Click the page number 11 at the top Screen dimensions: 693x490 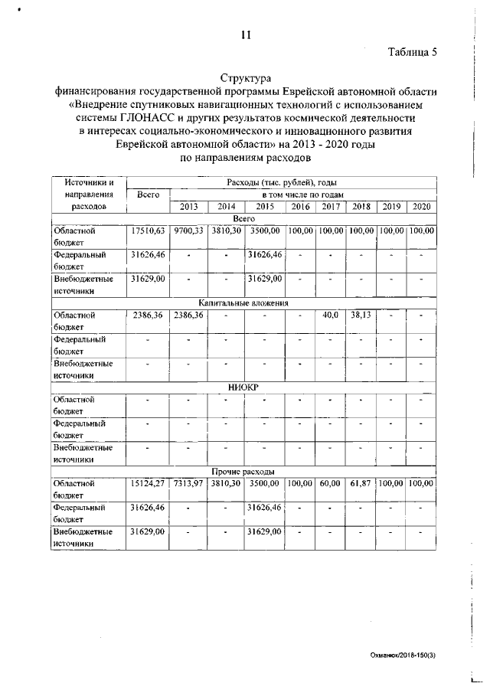[x=245, y=34]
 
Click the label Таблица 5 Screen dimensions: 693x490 [x=413, y=52]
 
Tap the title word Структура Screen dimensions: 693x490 [x=245, y=78]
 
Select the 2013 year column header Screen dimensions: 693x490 [x=188, y=207]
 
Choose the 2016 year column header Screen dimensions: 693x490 [x=301, y=207]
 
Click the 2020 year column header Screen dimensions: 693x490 [x=421, y=207]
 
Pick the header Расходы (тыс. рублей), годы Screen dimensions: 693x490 [x=283, y=182]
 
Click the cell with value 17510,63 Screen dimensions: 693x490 [x=148, y=230]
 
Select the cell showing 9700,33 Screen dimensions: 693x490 [x=188, y=230]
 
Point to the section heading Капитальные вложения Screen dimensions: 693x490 [x=245, y=302]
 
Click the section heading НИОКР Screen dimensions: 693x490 [x=245, y=387]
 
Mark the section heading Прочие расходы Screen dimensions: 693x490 [x=245, y=471]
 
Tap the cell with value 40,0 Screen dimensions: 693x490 [x=331, y=314]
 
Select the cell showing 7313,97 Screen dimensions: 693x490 [x=188, y=483]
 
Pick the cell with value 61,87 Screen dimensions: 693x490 [x=361, y=483]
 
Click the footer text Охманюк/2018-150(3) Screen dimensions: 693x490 [x=403, y=655]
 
